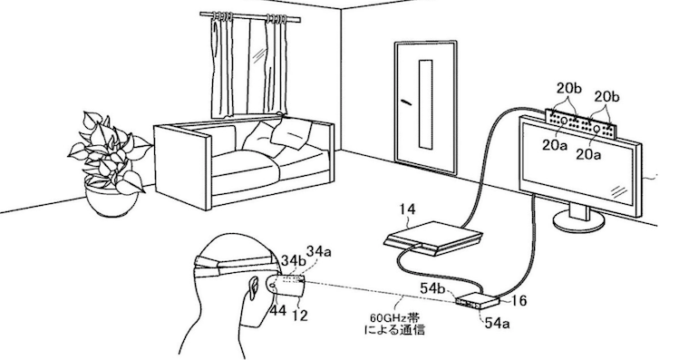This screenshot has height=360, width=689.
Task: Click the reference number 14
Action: pos(407,209)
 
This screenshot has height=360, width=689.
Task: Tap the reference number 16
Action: pos(519,301)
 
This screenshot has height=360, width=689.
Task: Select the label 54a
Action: pos(498,323)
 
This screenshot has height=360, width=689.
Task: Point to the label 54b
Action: pos(433,288)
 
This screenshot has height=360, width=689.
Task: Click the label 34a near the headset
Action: pos(318,252)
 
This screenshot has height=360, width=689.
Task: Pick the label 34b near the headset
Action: pos(293,260)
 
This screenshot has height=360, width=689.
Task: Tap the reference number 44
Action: pos(277,311)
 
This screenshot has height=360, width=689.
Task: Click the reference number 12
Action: pos(300,315)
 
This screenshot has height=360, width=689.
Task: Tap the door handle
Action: pos(406,102)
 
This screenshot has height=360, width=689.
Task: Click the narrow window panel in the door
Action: pos(425,104)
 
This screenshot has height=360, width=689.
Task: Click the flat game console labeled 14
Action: pos(433,238)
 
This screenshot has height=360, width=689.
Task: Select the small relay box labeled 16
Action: pos(478,301)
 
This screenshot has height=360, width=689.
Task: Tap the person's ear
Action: pos(254,287)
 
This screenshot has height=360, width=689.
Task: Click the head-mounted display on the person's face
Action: pos(286,284)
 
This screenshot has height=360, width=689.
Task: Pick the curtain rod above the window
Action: pos(250,16)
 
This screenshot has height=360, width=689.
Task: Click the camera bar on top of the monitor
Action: pos(580,122)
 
